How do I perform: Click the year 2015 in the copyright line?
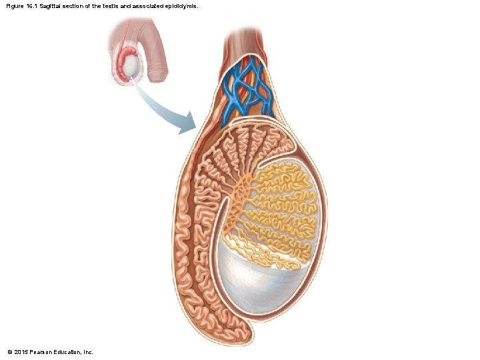pyautogui.click(x=21, y=351)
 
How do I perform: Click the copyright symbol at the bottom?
pyautogui.click(x=9, y=351)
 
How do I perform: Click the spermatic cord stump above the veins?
pyautogui.click(x=247, y=40)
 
